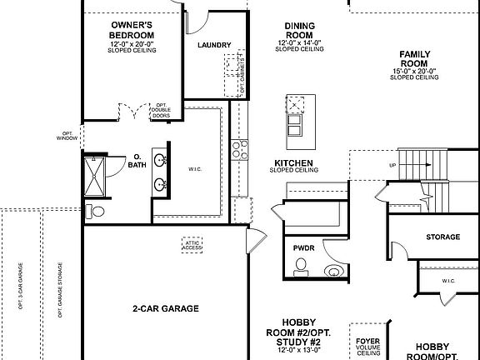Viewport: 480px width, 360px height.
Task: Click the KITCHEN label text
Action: (x=293, y=164)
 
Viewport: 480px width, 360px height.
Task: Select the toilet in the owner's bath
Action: (x=97, y=212)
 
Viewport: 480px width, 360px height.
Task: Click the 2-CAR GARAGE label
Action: (x=167, y=308)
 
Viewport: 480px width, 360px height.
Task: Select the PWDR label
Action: (x=303, y=247)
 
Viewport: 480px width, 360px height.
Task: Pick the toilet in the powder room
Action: (x=302, y=267)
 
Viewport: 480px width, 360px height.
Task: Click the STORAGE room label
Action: (x=442, y=237)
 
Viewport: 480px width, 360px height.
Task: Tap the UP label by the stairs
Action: (x=392, y=165)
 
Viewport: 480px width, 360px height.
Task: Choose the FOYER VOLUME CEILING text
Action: (x=368, y=347)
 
